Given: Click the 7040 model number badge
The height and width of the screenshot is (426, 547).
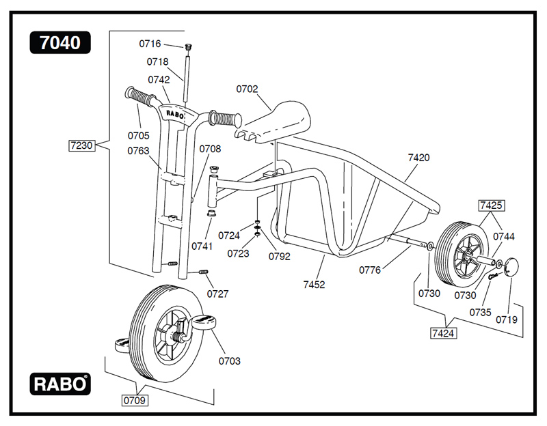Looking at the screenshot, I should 59,43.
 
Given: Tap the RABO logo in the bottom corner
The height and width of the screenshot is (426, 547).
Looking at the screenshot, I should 59,384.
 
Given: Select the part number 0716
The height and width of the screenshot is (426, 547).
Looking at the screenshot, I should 150,44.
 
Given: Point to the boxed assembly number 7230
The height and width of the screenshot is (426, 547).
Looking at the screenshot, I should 81,145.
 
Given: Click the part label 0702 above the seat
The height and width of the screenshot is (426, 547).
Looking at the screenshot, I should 248,89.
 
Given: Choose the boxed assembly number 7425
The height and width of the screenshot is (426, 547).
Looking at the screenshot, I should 491,204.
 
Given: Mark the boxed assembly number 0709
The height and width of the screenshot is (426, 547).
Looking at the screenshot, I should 135,400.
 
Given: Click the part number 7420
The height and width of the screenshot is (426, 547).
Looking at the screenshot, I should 418,158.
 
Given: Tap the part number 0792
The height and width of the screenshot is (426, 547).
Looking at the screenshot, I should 280,257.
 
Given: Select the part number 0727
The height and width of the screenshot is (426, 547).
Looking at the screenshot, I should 218,294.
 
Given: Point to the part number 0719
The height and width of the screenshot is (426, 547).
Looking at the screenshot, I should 507,319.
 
